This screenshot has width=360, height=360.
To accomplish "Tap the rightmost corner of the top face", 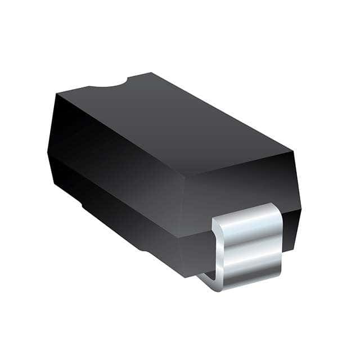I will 292,151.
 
